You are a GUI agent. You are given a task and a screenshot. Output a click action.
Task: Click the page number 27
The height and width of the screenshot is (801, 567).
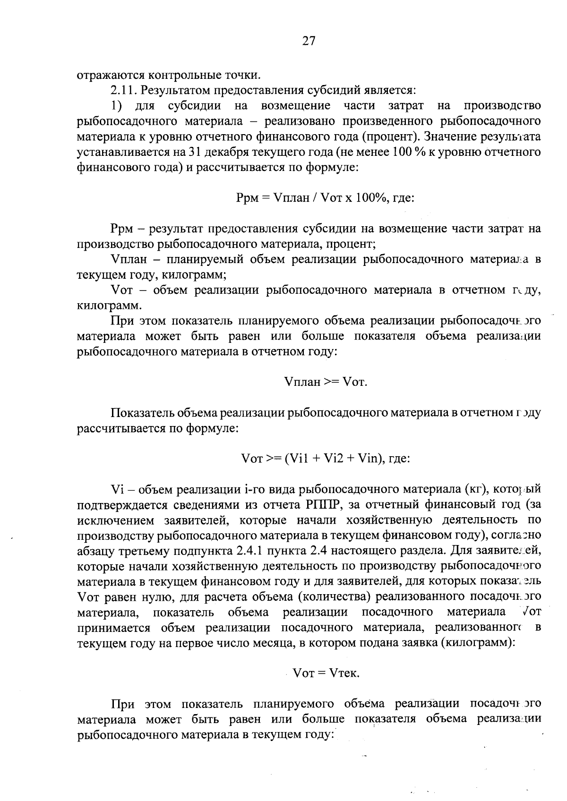click(309, 41)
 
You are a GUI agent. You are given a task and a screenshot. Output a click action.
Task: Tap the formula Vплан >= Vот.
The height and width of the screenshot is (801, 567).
click(326, 382)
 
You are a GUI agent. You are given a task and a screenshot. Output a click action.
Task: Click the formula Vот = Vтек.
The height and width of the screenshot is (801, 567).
click(326, 673)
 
